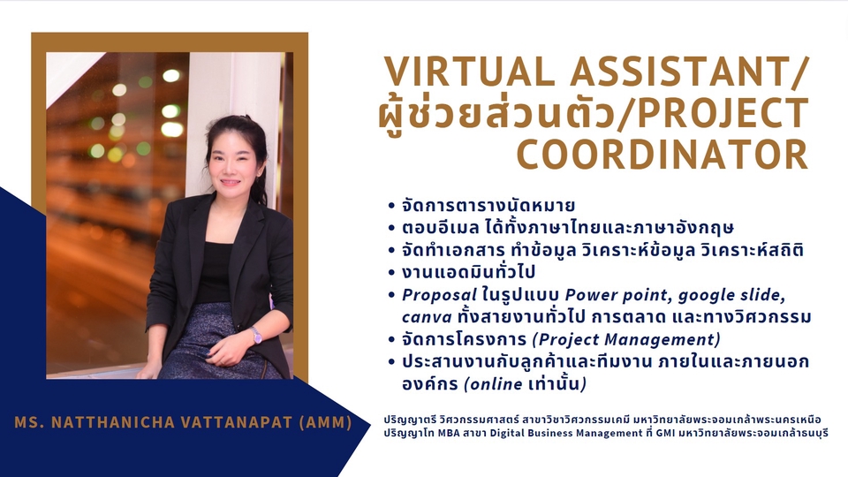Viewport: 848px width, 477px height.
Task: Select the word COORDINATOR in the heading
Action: [x=662, y=154]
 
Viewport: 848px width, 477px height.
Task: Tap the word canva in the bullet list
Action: [x=422, y=316]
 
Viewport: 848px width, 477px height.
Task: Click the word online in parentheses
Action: [x=493, y=384]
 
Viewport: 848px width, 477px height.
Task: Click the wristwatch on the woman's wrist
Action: [x=256, y=334]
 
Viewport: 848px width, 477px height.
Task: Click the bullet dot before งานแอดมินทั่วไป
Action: [x=390, y=273]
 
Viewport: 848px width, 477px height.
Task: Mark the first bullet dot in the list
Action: [x=390, y=206]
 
